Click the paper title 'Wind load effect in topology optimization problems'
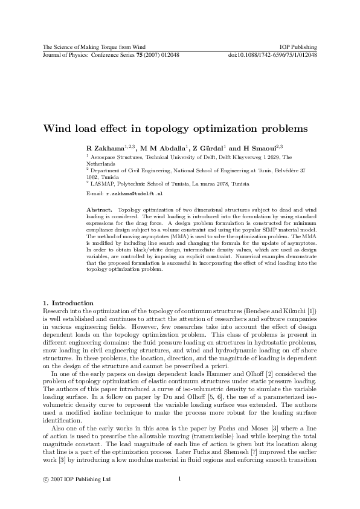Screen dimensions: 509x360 (175, 128)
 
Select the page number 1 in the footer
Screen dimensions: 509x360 (180, 479)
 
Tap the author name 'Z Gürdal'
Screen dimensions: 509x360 (208, 149)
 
